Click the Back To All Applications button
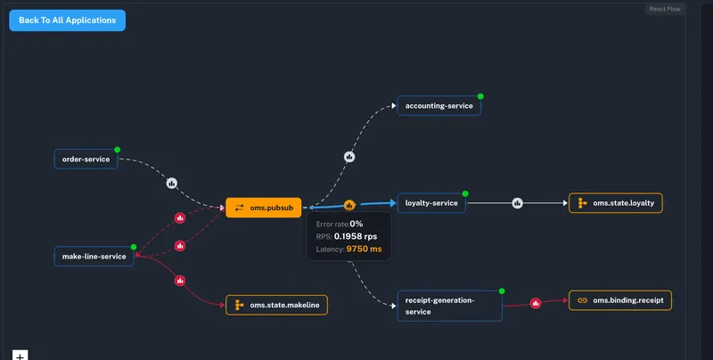click(x=68, y=20)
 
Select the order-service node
click(x=86, y=160)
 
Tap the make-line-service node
click(x=94, y=257)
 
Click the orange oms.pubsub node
click(x=264, y=208)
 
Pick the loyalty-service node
click(x=431, y=203)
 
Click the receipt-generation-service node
click(x=449, y=306)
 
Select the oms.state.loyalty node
click(x=615, y=203)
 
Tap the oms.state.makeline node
click(x=276, y=306)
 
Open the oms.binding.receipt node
click(x=619, y=300)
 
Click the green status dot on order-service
click(x=117, y=150)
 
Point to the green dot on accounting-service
click(x=479, y=96)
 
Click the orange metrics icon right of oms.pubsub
click(x=349, y=205)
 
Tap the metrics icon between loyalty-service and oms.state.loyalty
click(x=517, y=203)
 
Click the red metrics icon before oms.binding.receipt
click(x=536, y=303)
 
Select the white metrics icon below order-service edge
click(x=171, y=183)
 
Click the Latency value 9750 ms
click(x=364, y=250)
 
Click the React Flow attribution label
click(x=666, y=9)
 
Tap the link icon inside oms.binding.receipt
click(x=582, y=300)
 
